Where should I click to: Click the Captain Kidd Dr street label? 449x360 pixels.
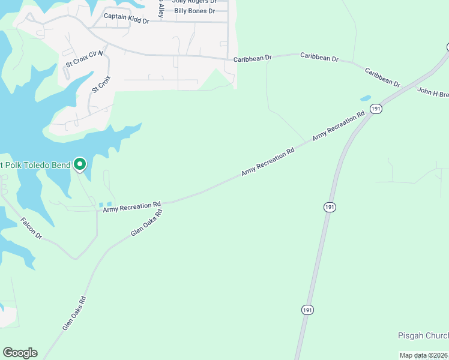[126, 18]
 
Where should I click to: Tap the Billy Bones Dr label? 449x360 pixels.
[194, 11]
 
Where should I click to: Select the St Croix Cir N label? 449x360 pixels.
[84, 58]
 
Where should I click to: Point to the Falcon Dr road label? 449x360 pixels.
[31, 229]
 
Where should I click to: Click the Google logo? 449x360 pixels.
[20, 353]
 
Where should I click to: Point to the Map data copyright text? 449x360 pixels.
[424, 355]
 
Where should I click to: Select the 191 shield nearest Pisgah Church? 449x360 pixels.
[307, 310]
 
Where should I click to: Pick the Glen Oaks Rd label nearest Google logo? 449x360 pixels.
[74, 313]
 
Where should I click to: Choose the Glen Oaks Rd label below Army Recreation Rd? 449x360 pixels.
[147, 223]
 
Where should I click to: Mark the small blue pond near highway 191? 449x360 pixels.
[365, 98]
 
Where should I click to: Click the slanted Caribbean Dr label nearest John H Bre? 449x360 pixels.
[382, 77]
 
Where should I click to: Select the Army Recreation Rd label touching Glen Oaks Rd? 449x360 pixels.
[132, 207]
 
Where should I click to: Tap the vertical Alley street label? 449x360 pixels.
[160, 7]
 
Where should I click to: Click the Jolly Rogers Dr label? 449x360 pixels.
[194, 2]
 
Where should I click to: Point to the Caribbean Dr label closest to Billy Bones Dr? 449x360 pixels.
[253, 58]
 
